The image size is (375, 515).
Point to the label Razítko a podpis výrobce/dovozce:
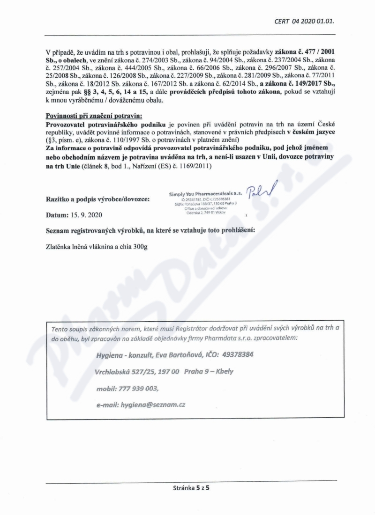click(97, 199)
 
